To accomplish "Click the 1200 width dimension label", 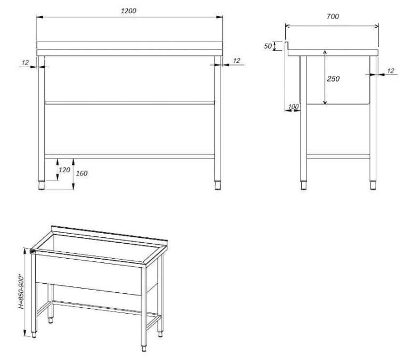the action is [128, 11].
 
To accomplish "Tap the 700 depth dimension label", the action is [333, 17].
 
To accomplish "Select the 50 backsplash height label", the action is [268, 46].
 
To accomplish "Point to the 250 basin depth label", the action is [333, 78].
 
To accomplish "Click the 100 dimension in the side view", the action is [293, 106].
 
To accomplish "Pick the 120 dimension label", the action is [64, 170].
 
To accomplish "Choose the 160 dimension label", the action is [82, 173].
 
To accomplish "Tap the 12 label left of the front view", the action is [25, 62].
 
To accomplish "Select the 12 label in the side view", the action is [391, 70].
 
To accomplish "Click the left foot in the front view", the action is [41, 186].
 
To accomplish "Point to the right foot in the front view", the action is [217, 186].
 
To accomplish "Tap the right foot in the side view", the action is [373, 186].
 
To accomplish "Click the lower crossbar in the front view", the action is [130, 156].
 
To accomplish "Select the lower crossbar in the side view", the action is [338, 156].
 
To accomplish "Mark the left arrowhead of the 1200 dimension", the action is [39, 17].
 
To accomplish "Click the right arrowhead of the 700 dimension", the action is [377, 26].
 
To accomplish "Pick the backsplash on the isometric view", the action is [109, 234].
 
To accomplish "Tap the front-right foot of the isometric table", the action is [144, 348].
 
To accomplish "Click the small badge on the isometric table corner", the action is [33, 251].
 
